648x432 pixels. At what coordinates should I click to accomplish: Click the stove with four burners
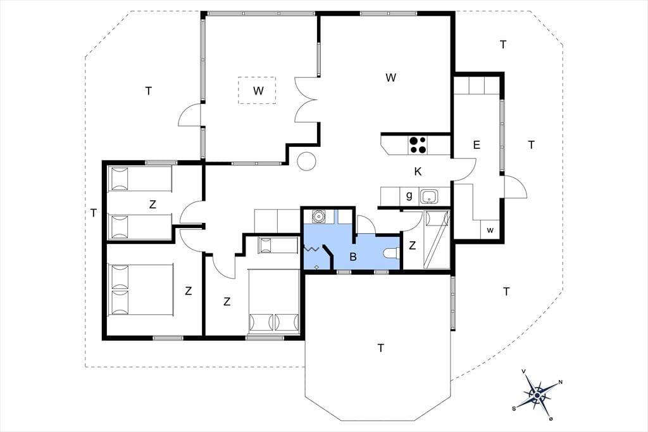(x=418, y=145)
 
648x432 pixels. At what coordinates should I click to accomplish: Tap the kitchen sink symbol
(x=430, y=196)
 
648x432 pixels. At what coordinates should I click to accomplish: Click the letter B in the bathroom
(x=353, y=257)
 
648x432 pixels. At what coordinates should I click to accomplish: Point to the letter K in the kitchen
(x=418, y=172)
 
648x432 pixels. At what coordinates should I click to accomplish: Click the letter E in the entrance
(x=477, y=145)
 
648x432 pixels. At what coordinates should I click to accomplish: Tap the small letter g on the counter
(x=409, y=196)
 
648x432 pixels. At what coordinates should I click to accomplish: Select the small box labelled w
(x=490, y=229)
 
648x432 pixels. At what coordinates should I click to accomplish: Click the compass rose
(x=537, y=396)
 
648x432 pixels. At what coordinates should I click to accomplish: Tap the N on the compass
(x=560, y=382)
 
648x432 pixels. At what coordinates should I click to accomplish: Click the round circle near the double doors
(x=307, y=161)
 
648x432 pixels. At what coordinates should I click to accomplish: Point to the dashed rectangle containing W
(x=257, y=90)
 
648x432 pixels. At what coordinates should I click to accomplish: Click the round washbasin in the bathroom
(x=318, y=216)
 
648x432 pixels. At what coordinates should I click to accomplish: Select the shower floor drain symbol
(x=316, y=267)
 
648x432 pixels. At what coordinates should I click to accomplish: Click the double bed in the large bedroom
(x=140, y=289)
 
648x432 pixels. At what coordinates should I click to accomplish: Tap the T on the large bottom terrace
(x=380, y=348)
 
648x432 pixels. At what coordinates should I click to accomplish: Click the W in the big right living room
(x=390, y=77)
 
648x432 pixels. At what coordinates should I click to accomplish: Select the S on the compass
(x=514, y=409)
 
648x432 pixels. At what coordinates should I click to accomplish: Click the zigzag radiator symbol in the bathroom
(x=311, y=249)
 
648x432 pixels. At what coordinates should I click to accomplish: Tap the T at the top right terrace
(x=503, y=45)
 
